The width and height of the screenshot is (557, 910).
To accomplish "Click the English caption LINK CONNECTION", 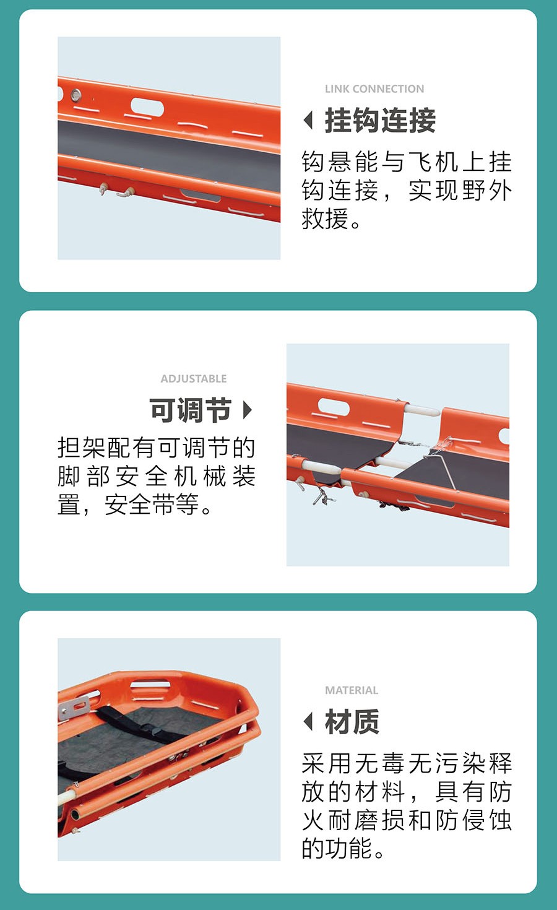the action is coord(374,89).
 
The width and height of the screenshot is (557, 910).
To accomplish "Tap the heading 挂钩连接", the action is coord(380,121).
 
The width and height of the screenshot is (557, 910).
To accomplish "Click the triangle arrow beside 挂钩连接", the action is coord(308,120).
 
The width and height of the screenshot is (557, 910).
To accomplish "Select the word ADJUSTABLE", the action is coord(193,379).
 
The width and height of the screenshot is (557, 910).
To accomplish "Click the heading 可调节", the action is coord(191,410).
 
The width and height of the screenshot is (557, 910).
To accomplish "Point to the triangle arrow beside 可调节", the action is coord(248,410).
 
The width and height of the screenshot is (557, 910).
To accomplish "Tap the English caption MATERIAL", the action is coord(352,690).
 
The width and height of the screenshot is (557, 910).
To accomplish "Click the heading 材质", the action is coord(352,722).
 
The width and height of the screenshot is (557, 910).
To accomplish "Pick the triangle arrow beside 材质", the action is coord(308,722).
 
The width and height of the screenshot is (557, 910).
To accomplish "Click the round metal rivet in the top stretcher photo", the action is coord(76,95).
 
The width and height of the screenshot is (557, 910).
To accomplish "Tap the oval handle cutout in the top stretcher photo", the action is coord(147,107).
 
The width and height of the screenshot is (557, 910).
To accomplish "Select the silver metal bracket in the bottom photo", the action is coord(74,708).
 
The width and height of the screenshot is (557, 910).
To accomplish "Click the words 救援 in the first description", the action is coord(325,219).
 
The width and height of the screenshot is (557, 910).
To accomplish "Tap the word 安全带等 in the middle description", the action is coord(152,505).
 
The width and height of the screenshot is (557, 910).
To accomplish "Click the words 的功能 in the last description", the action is coord(337,848).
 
